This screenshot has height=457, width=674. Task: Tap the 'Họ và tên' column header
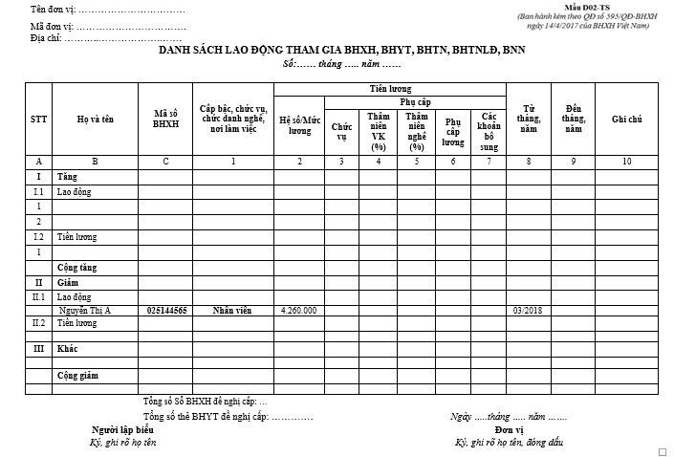point(95,120)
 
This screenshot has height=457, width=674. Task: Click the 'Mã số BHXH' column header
point(165,120)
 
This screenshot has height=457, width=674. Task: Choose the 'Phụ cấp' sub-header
point(414,101)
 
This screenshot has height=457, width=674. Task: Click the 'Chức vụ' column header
point(341,130)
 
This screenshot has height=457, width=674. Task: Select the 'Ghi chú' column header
point(627,120)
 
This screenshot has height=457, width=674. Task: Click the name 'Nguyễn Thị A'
point(84,311)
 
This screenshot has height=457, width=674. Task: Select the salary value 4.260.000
point(298,311)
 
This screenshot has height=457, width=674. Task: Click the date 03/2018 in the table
point(527,311)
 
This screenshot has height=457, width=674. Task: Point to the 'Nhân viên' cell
point(232,311)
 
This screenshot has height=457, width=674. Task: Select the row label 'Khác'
point(67,349)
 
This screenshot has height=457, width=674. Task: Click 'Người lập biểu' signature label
point(122,430)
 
